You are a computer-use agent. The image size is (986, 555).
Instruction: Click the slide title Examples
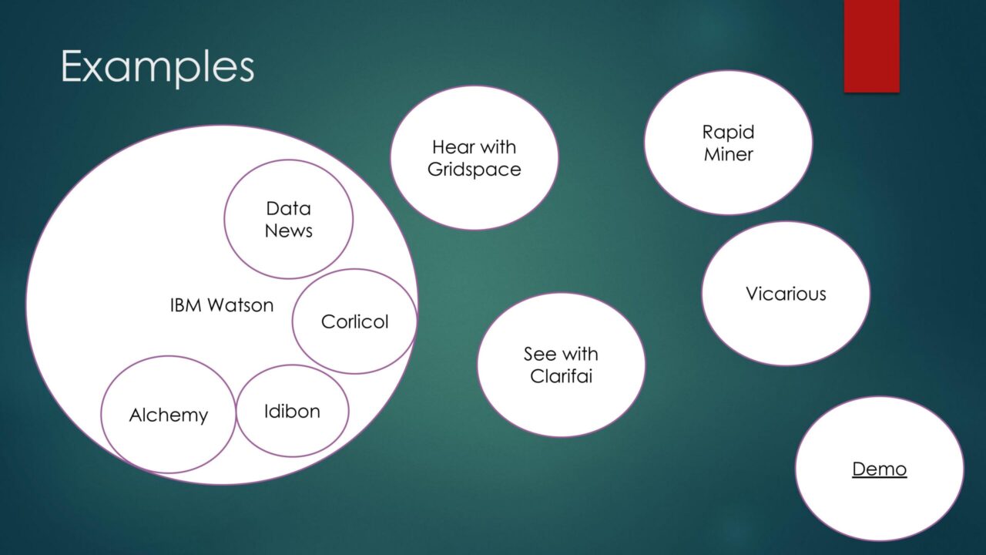coord(158,67)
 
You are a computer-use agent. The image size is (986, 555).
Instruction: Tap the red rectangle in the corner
coord(871,45)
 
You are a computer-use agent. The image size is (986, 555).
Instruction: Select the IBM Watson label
coord(222,304)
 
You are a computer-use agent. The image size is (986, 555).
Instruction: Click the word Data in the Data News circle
coord(289,208)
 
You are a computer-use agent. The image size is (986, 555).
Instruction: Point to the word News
coord(289,230)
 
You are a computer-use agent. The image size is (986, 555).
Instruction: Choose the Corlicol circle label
coord(355,321)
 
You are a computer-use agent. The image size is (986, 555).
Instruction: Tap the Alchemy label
coord(169,415)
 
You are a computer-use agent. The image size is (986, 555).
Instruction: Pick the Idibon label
coord(292,412)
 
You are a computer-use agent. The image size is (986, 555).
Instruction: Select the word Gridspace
coord(474,170)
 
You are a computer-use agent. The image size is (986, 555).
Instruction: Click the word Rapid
coord(728,133)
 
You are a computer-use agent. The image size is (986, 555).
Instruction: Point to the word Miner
coord(729,154)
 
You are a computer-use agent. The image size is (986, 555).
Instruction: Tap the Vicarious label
coord(786,294)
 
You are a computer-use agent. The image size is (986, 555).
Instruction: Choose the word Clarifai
coord(562,376)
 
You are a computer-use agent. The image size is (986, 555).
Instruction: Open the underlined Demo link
coord(880,469)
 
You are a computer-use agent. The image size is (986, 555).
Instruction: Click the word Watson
coord(241,304)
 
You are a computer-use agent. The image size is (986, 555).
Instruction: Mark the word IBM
coord(186,304)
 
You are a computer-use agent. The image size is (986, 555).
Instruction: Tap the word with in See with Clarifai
coord(579,354)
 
